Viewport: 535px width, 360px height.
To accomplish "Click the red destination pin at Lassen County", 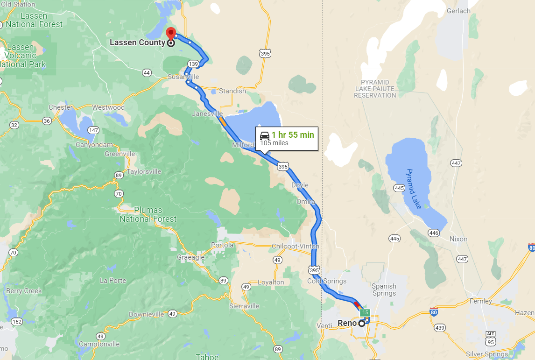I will [171, 34].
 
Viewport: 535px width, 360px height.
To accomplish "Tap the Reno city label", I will [347, 323].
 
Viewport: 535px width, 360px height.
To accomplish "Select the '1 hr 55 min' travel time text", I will [293, 135].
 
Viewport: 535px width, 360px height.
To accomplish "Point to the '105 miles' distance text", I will [274, 143].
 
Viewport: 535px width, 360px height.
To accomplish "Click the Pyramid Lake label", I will [414, 189].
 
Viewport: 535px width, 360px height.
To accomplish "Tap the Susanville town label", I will [183, 77].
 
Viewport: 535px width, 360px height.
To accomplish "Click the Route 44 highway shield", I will [147, 72].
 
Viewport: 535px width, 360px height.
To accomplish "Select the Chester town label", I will [61, 107].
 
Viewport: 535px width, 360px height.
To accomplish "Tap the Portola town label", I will [222, 245].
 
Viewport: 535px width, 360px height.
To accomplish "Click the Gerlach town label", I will [458, 11].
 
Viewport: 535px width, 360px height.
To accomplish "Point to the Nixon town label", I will [458, 239].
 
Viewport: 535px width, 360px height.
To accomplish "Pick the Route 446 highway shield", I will [434, 233].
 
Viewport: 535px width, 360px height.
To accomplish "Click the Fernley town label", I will [481, 301].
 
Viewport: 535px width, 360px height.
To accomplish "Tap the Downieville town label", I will [147, 314].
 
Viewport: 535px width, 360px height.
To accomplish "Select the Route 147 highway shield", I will [93, 130].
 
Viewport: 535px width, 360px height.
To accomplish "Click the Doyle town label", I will [300, 185].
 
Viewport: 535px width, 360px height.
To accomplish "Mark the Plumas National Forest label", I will [148, 214].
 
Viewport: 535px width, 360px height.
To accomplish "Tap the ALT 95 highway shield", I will [490, 337].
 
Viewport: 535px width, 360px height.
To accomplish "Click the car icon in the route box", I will [265, 135].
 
